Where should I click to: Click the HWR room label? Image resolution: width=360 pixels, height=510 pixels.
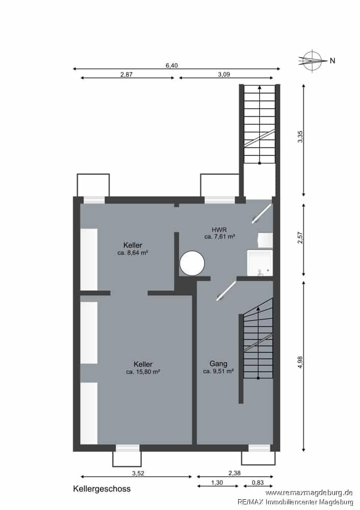[x=219, y=229]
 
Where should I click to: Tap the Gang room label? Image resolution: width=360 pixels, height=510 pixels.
[x=218, y=364]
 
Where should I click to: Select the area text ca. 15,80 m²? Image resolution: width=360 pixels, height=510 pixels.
[x=143, y=372]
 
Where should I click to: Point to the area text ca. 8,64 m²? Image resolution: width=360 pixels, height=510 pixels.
[x=133, y=252]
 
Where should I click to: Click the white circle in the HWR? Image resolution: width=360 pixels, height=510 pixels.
[x=192, y=263]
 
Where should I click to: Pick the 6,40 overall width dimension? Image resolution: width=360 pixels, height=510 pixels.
[x=172, y=65]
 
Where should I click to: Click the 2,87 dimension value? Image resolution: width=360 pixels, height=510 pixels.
[x=126, y=74]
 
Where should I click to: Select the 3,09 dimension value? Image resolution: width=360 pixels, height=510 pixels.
[x=224, y=74]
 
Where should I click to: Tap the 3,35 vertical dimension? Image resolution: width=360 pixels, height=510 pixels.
[x=300, y=137]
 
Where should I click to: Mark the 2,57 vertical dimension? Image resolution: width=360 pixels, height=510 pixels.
[x=300, y=238]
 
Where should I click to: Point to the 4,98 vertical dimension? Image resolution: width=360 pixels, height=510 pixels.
[x=300, y=362]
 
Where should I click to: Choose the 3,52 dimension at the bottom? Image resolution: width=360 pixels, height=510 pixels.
[x=138, y=473]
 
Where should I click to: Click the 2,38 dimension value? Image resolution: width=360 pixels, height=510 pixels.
[x=235, y=473]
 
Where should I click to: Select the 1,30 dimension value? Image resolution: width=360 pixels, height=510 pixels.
[x=217, y=482]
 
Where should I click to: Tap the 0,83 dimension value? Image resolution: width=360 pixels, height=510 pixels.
[x=258, y=482]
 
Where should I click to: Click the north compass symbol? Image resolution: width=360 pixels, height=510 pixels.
[x=312, y=61]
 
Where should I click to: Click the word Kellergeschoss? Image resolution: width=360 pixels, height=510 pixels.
[x=102, y=489]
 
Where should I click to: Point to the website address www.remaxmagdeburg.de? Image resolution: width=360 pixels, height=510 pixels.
[x=309, y=493]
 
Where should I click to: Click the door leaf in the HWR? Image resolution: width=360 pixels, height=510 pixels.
[x=262, y=214]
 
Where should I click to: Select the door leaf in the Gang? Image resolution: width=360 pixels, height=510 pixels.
[x=226, y=291]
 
